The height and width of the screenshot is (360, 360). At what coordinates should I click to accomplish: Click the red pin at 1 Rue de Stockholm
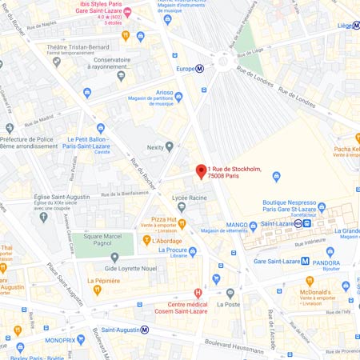201,171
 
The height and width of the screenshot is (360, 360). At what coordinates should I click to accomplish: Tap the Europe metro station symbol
200,69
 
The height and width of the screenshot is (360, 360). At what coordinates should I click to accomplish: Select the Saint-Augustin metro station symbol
145,329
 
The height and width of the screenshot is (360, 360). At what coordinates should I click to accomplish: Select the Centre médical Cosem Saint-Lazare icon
198,294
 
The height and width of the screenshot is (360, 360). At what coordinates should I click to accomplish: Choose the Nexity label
154,147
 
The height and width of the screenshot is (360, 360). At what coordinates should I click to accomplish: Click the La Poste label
228,304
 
